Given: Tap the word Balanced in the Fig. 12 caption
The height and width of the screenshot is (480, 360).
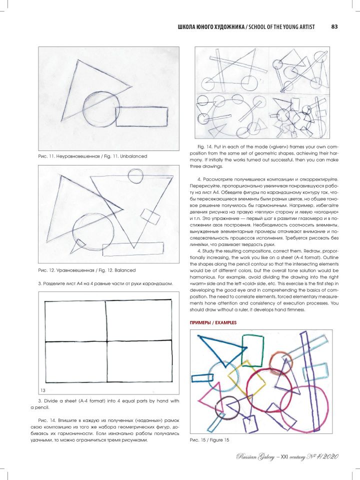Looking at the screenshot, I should coord(125,270).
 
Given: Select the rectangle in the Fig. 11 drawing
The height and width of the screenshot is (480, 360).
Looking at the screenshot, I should coord(141,116).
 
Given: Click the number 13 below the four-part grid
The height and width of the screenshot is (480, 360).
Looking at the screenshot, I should coord(43,389).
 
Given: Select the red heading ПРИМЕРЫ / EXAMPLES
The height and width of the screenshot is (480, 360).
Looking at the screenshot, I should coord(212,323).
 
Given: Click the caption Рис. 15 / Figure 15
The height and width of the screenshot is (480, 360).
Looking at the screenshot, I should coord(209,439).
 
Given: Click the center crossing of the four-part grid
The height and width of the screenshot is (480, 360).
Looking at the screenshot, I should coord(105,341).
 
